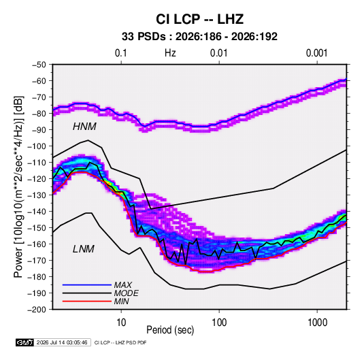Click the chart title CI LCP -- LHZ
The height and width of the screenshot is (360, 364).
tap(199, 19)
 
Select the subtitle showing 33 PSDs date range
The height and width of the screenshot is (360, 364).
tap(199, 37)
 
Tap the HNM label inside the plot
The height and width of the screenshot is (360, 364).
tap(84, 127)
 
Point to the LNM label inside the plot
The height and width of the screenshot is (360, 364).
tap(84, 249)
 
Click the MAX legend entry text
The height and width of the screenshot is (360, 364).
tap(122, 285)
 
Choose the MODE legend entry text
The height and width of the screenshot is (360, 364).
tap(127, 293)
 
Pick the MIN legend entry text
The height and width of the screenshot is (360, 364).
tap(121, 301)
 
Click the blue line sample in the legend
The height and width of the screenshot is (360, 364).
tap(87, 285)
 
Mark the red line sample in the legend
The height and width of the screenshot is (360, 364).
tap(87, 301)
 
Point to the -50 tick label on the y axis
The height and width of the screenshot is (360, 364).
tap(39, 65)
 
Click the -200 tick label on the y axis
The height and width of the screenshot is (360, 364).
tap(37, 310)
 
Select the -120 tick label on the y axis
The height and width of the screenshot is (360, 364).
tap(37, 179)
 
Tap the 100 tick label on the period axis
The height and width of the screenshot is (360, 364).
tap(219, 323)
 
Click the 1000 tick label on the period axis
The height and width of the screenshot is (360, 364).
tap(317, 323)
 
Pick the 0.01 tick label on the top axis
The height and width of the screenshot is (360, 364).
tap(218, 53)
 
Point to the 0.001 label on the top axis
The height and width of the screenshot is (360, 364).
tap(316, 53)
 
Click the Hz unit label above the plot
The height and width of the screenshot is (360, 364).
tap(170, 53)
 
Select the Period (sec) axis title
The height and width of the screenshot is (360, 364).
tap(170, 330)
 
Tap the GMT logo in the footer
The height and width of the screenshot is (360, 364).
tap(25, 342)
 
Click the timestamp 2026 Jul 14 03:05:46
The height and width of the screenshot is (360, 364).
tap(62, 342)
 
